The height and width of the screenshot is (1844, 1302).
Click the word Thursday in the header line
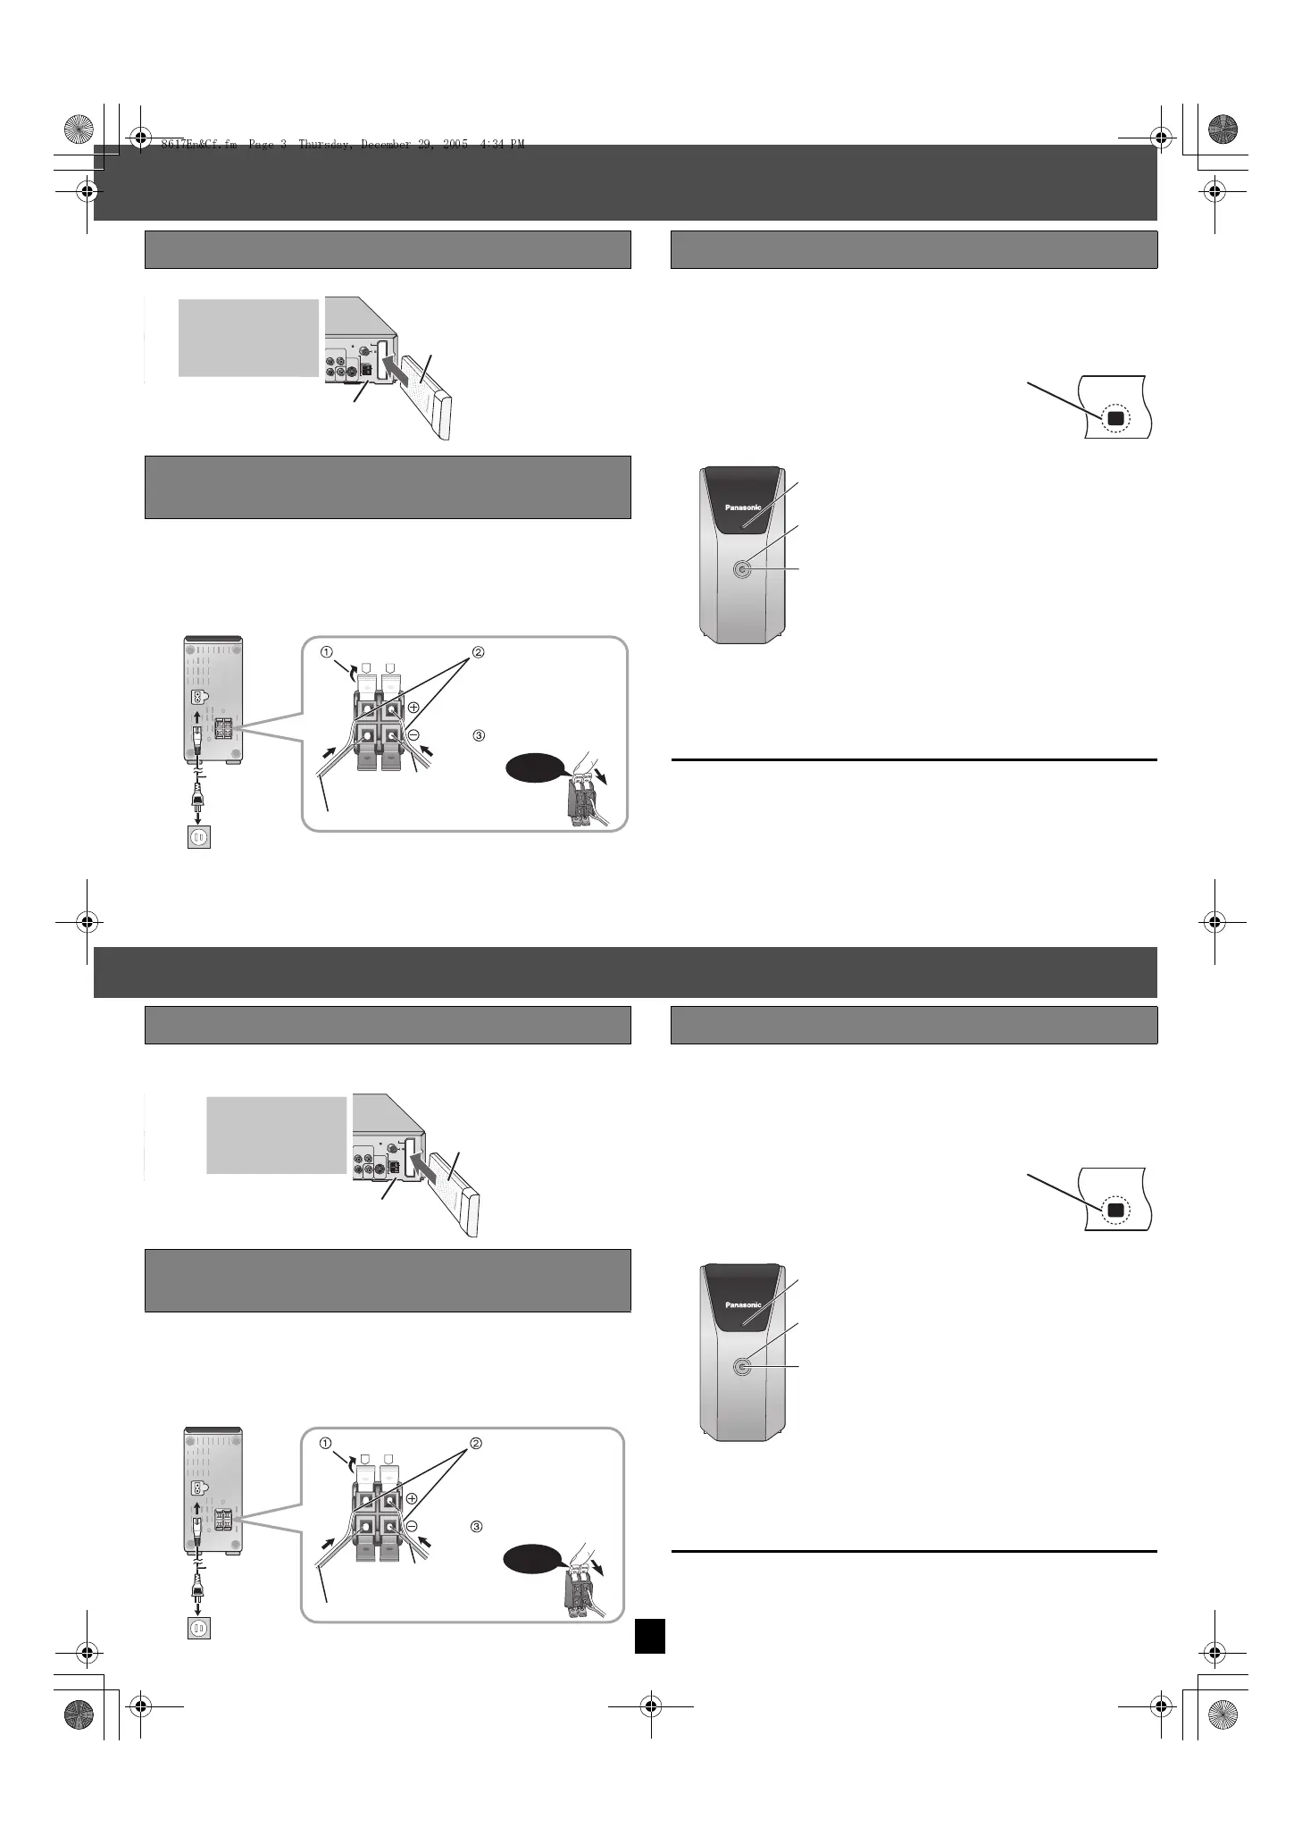click(x=326, y=144)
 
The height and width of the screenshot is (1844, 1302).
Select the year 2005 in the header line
click(x=454, y=144)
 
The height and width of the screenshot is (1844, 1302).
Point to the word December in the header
click(x=386, y=144)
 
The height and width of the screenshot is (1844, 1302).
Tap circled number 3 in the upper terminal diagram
click(x=478, y=735)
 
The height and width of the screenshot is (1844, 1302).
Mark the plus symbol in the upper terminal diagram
click(x=414, y=707)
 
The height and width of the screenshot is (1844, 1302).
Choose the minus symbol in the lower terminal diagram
click(x=413, y=1526)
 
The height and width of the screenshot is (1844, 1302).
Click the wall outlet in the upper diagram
click(x=198, y=838)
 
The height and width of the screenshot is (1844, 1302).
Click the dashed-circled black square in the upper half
click(x=1114, y=419)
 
